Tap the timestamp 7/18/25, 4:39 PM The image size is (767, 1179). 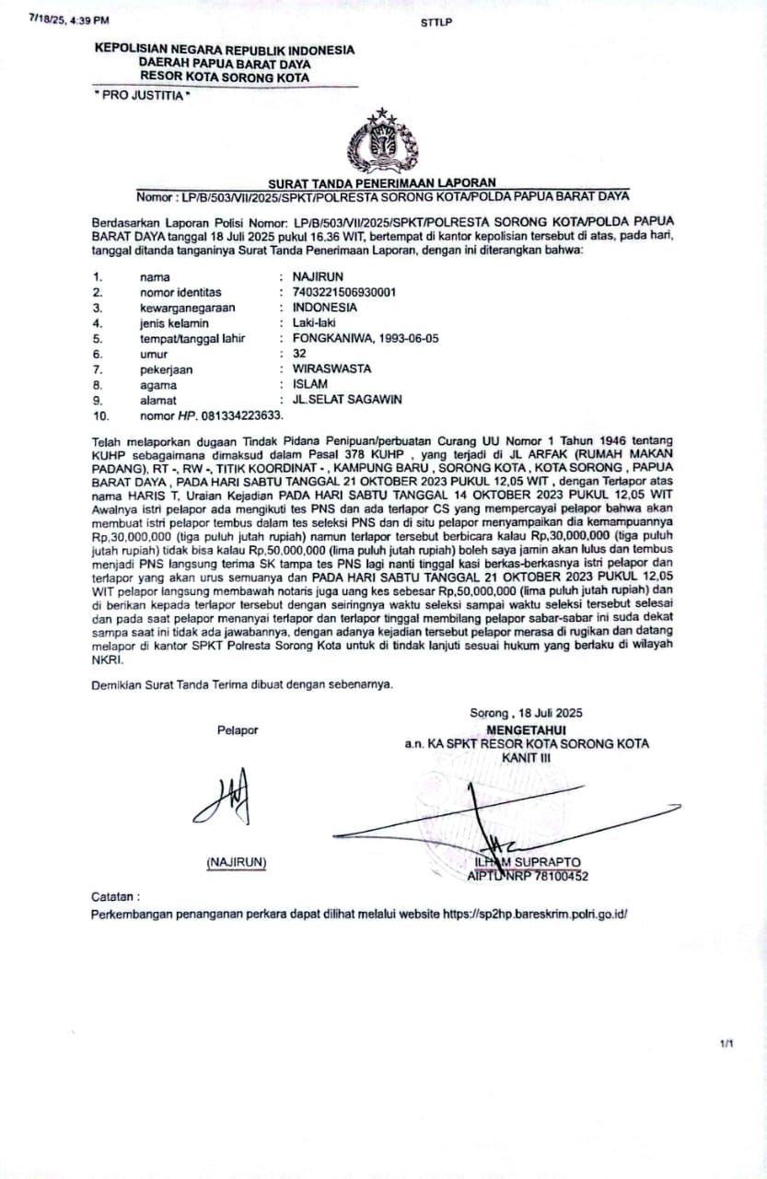[x=69, y=18]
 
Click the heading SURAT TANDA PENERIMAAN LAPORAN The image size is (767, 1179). [x=382, y=182]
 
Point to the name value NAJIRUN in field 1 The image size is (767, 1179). [x=318, y=276]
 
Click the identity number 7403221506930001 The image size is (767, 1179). [x=344, y=292]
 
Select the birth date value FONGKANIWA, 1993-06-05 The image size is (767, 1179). [x=366, y=338]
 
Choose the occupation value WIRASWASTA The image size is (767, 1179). [x=331, y=368]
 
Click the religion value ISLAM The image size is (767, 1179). [x=310, y=384]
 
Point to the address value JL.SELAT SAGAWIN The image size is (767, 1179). [x=347, y=400]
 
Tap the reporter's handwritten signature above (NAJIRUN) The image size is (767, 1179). [x=223, y=796]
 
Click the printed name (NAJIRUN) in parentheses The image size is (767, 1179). [x=237, y=862]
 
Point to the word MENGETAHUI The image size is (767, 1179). [x=525, y=729]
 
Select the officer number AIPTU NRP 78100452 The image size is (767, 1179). [x=528, y=876]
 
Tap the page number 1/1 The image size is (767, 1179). [x=727, y=1043]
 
